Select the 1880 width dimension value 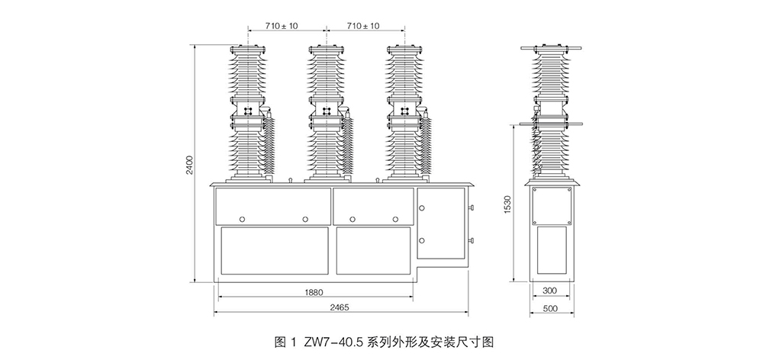point(315,291)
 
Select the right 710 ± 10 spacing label point(363,26)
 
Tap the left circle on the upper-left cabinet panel point(242,219)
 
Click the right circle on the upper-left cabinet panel point(305,219)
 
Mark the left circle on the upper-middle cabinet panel point(352,219)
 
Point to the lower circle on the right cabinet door point(421,240)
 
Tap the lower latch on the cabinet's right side point(470,242)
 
